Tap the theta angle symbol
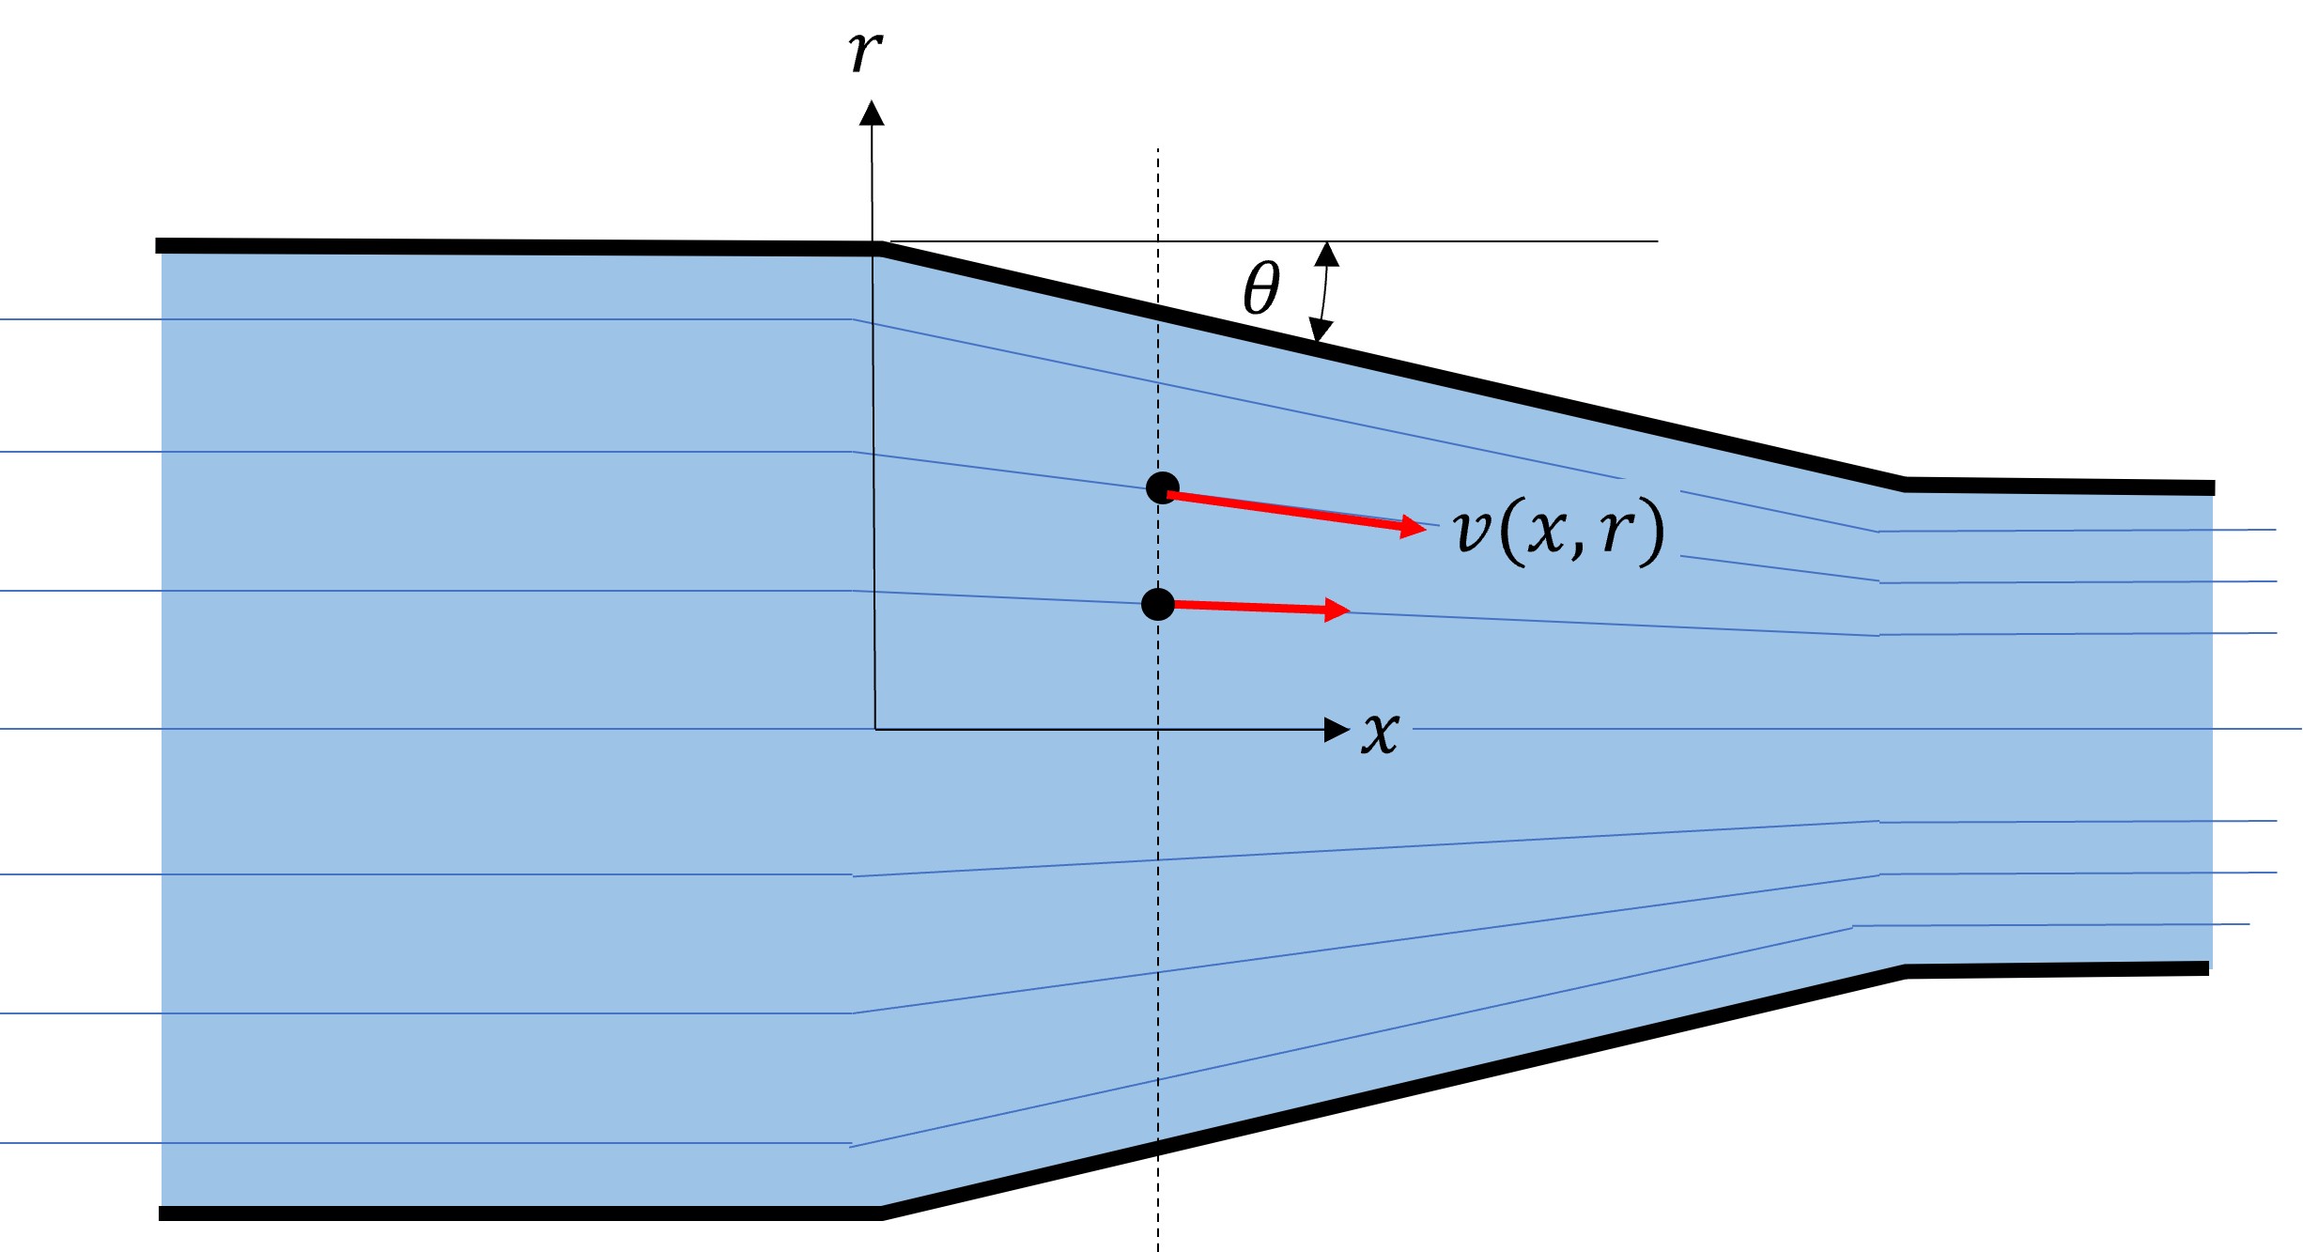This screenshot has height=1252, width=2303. point(1261,288)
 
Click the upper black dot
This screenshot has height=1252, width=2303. point(1163,487)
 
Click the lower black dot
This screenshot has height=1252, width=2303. point(1158,604)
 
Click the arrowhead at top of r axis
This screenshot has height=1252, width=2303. point(872,112)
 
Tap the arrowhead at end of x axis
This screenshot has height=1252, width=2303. point(1337,729)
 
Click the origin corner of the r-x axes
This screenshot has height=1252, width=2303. point(875,729)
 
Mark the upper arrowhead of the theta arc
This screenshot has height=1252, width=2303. point(1326,253)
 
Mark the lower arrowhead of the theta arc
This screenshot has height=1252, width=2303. point(1321,331)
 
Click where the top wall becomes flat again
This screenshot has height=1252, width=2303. point(1905,485)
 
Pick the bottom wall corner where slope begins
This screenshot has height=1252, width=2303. point(881,1213)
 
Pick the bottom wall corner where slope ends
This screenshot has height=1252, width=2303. point(1905,971)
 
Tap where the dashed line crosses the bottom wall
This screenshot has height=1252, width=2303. point(1158,1147)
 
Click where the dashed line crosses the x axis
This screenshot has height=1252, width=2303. point(1158,729)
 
